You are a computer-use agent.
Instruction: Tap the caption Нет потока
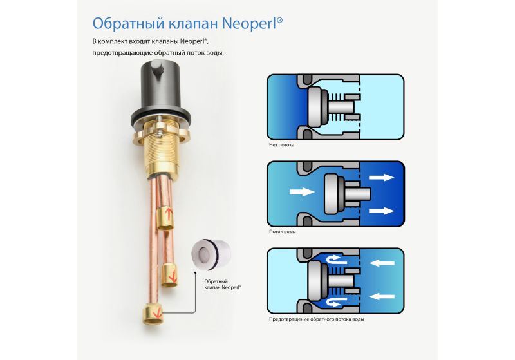pos(281,144)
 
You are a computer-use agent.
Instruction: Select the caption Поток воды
pos(282,232)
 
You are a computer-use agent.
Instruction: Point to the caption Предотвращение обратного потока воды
pos(316,319)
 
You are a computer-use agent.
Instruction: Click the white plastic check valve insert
pos(211,253)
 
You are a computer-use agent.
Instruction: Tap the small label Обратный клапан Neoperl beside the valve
pos(223,285)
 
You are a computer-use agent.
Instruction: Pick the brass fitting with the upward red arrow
pos(165,218)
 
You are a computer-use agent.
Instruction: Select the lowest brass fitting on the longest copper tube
pos(153,314)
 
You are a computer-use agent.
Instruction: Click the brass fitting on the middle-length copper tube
pos(169,276)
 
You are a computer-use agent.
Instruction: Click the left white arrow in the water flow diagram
pos(302,191)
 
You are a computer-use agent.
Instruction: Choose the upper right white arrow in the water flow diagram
pos(381,177)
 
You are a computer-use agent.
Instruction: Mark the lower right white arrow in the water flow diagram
pos(381,211)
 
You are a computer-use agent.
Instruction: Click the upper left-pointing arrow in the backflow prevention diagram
pos(382,263)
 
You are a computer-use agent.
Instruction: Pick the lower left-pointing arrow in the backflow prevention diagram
pos(382,296)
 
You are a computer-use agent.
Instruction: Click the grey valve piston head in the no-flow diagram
pos(314,106)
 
